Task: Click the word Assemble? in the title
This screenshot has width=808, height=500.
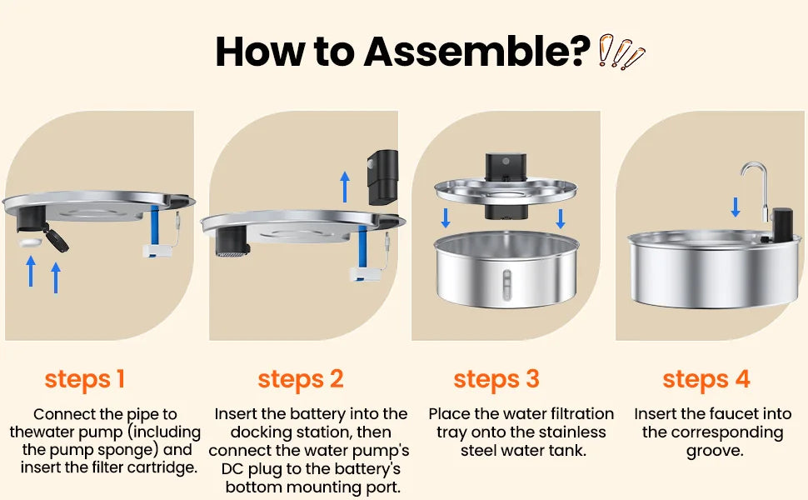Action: pos(477,52)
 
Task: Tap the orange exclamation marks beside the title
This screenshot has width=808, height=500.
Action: pos(621,52)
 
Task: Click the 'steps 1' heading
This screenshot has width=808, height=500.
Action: pos(84,380)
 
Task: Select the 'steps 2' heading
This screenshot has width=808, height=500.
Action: pos(301,380)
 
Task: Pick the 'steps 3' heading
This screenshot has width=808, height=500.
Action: pos(496,380)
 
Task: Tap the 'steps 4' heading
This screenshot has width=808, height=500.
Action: pos(706,380)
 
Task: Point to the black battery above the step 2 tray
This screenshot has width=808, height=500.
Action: pos(382,177)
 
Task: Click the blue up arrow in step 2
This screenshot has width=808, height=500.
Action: pos(345,187)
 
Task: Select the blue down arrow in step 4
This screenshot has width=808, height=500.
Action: pos(736,207)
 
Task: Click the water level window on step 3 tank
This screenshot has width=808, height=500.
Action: pos(507,285)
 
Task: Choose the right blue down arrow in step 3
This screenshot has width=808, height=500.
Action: pos(561,218)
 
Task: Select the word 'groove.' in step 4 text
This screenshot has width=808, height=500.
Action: pos(715,451)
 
